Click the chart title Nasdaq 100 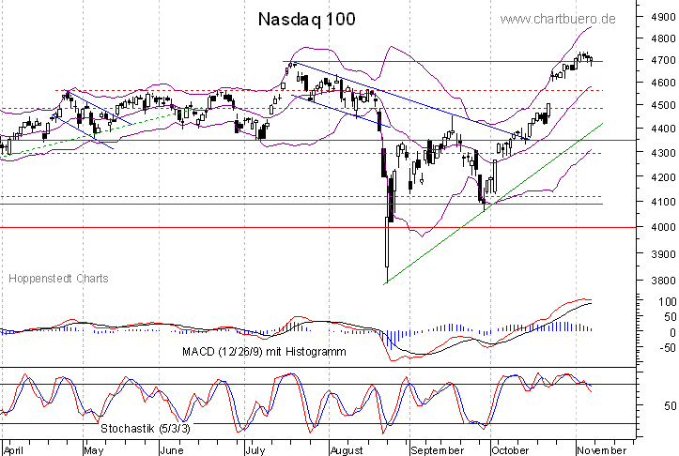tap(306, 20)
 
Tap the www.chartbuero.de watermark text tap(558, 19)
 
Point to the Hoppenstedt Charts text tap(58, 279)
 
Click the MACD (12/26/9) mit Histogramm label tap(279, 351)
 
